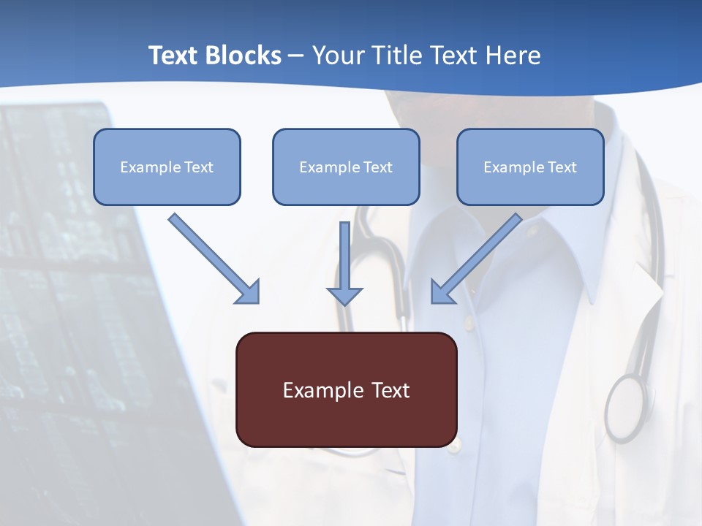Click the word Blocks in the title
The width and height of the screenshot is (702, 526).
244,56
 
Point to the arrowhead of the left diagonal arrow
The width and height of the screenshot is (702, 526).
248,291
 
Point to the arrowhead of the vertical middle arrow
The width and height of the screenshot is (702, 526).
344,295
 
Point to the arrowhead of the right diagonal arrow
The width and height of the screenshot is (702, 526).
442,291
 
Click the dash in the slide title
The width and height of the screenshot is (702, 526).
296,56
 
